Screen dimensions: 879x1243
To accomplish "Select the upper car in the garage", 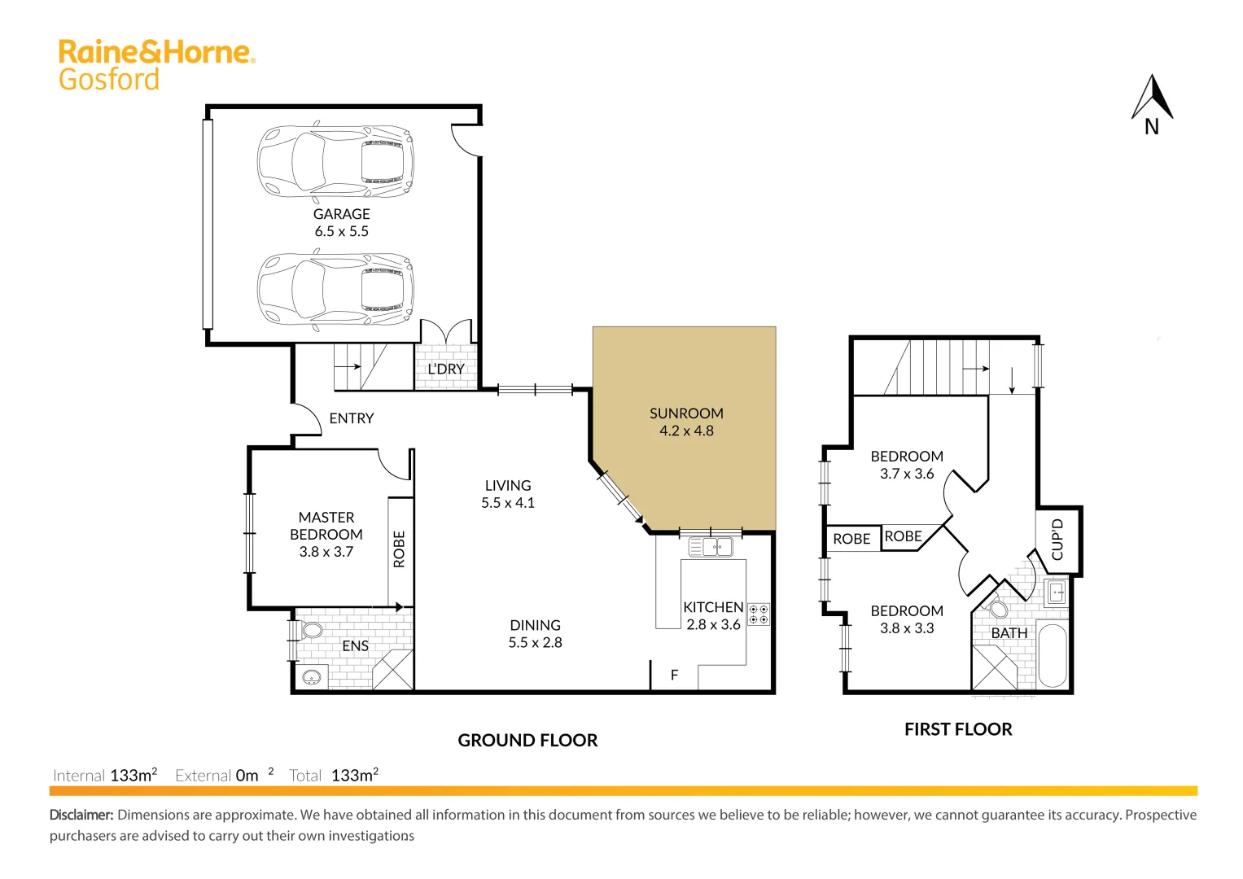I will (335, 161).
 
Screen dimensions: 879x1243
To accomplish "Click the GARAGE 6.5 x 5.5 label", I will (342, 222).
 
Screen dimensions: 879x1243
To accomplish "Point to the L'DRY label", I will (446, 369).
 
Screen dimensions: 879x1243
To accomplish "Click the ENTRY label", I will (352, 418).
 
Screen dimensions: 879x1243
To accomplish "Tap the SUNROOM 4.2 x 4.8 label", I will (686, 422).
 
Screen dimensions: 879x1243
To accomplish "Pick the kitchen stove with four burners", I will (759, 614).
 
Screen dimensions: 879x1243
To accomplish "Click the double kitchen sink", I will (711, 547).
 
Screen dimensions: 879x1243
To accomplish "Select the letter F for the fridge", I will (674, 675).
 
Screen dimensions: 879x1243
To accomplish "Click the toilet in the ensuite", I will (311, 630).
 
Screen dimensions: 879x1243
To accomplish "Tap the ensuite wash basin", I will (311, 677).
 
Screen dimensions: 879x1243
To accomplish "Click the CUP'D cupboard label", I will (1057, 540).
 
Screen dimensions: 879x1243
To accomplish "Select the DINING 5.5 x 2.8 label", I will (535, 633).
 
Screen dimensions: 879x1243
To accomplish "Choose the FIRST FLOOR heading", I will (958, 729).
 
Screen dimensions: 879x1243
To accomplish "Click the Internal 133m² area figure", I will (133, 776).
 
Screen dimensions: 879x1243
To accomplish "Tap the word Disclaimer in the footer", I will (81, 815).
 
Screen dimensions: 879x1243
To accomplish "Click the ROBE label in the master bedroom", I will (400, 549).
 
